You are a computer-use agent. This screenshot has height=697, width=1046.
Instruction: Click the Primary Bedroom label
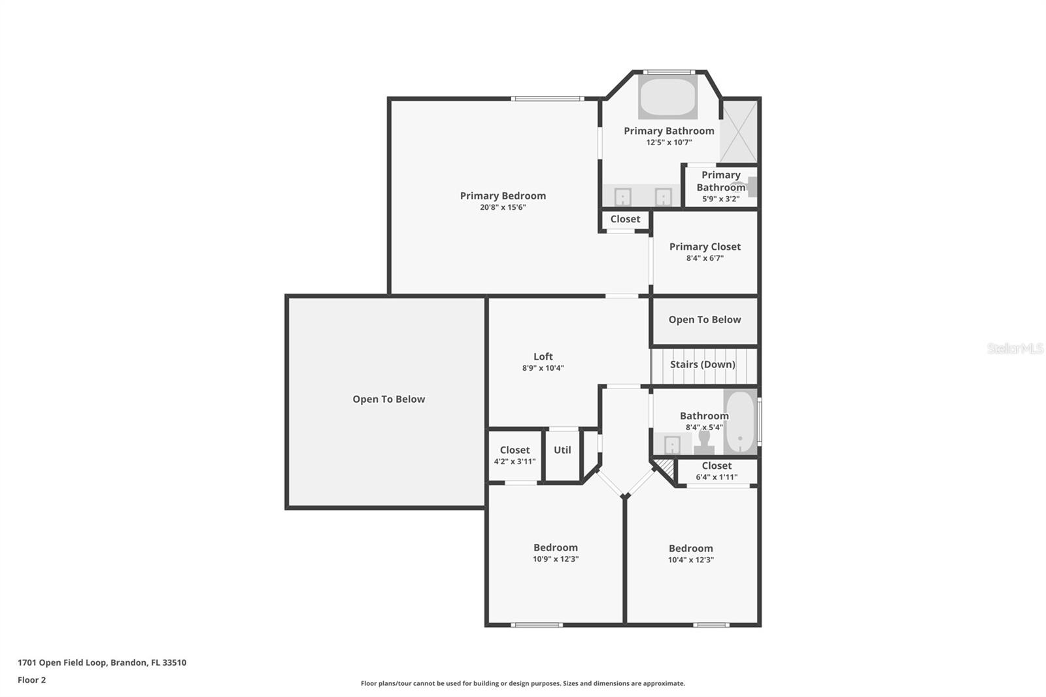(503, 195)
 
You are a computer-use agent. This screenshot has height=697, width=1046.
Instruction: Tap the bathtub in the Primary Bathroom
(667, 98)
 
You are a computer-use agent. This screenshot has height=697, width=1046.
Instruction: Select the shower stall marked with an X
(739, 132)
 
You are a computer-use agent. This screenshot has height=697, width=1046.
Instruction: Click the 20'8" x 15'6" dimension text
(503, 207)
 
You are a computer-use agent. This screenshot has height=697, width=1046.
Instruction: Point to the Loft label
(543, 356)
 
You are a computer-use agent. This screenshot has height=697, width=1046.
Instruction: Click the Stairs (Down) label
(703, 364)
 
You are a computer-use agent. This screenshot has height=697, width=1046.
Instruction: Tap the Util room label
(562, 450)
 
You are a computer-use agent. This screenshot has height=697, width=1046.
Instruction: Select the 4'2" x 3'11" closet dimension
(515, 461)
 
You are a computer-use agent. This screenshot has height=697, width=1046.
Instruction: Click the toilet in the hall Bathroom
(704, 441)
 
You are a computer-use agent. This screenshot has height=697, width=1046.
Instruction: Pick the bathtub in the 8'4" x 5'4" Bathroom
(740, 422)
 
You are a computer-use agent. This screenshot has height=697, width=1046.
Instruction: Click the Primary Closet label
(705, 246)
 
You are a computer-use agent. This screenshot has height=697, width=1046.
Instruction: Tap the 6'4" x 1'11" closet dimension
(717, 477)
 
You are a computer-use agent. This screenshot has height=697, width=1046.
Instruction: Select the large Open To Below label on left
(388, 399)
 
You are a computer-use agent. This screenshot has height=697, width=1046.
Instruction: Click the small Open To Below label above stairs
(704, 320)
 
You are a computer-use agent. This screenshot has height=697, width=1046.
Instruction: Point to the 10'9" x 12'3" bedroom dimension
(556, 559)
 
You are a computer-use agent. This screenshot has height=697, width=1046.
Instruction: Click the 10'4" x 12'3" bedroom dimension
(690, 560)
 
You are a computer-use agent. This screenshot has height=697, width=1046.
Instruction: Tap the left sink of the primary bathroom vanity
(622, 196)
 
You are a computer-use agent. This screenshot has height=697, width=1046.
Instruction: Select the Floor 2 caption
(31, 680)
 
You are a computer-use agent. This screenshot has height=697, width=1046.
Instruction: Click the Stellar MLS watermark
(1015, 349)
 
